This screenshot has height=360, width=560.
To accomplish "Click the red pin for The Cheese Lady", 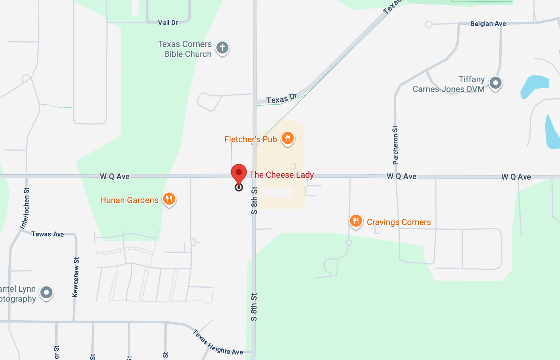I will [x=239, y=173].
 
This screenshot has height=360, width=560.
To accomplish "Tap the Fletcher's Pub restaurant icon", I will [x=288, y=138].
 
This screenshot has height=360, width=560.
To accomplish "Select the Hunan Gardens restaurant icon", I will [x=169, y=199].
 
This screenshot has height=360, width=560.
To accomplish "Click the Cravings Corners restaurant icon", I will [x=355, y=221].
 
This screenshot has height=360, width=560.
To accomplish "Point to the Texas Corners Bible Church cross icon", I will [x=222, y=48].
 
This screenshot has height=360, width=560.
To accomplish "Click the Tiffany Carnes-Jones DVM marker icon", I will [x=495, y=83].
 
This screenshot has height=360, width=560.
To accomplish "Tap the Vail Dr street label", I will [x=168, y=23].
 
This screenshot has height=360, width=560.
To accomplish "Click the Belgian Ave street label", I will [x=488, y=24].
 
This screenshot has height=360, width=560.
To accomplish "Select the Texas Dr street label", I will [x=282, y=99].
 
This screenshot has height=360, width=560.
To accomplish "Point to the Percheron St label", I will [x=396, y=145].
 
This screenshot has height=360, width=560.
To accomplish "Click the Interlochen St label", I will [x=25, y=208].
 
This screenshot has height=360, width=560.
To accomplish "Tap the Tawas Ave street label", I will [x=48, y=234].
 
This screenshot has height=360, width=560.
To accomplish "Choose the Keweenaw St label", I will [x=76, y=277].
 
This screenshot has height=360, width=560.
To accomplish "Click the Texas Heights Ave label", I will [x=218, y=343].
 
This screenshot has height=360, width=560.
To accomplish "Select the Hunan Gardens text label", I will [x=129, y=200].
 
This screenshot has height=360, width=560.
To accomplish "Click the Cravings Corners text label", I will [x=399, y=222].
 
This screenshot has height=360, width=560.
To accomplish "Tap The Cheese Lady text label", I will [x=282, y=175].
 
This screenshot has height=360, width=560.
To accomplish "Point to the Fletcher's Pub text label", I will [x=250, y=139].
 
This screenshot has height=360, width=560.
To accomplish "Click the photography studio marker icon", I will [x=47, y=293].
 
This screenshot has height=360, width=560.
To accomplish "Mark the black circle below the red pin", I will [x=239, y=187].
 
